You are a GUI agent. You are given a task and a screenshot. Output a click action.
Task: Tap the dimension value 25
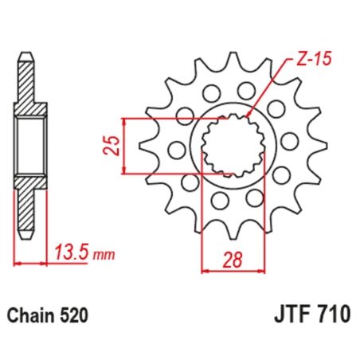[x=114, y=144]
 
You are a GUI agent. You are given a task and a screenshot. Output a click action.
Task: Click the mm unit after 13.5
[x=104, y=256]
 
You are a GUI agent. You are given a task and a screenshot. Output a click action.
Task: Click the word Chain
[x=32, y=316]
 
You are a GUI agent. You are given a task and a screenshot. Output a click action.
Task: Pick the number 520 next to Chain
[x=73, y=316]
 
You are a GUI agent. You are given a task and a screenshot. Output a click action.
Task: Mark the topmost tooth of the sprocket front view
[x=234, y=60]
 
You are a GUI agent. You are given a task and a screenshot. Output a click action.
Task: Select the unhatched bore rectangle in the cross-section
[x=29, y=144]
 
